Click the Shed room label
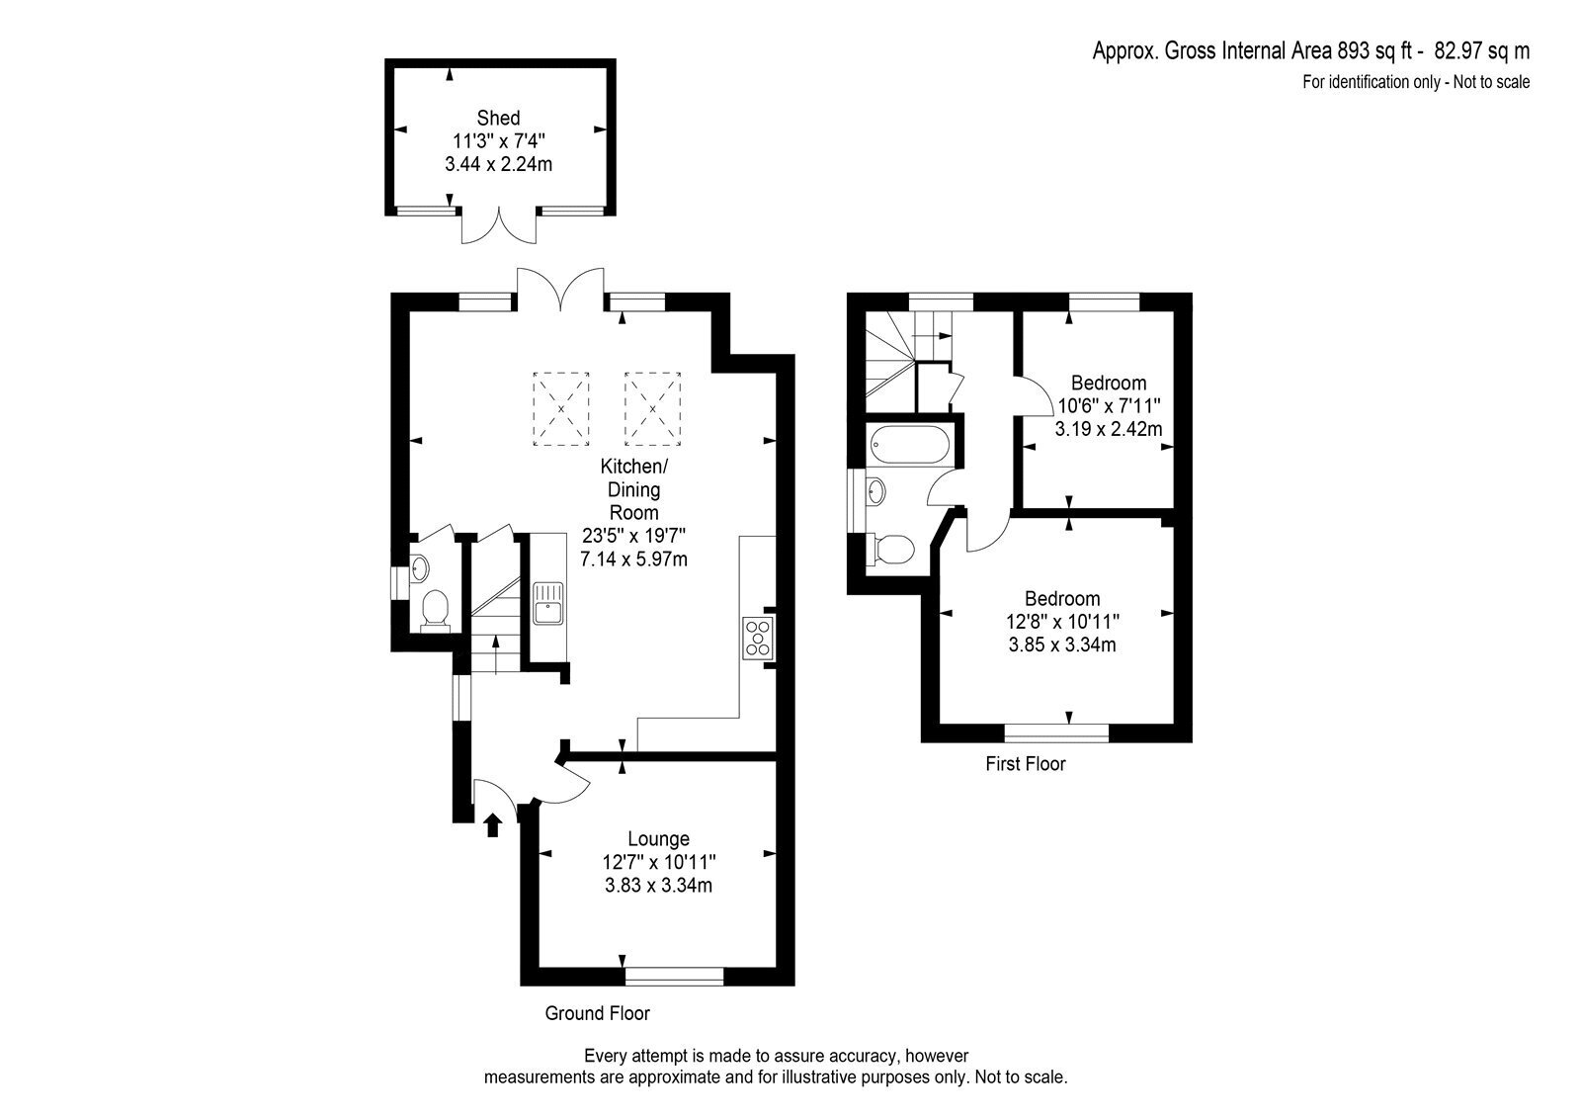pos(498,118)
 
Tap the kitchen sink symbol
pos(548,603)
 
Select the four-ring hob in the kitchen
pos(758,638)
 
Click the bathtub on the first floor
pos(910,444)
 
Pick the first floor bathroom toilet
pos(893,550)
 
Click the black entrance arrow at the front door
pos(493,824)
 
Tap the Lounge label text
pos(658,839)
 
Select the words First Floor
pos(1026,763)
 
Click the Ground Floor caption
pos(597,1013)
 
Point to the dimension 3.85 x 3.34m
pos(1062,645)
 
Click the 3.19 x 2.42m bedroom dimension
pos(1109,429)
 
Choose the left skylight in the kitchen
pos(561,409)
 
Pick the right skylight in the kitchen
pos(653,409)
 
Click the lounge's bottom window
pos(675,976)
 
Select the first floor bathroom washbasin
pos(875,491)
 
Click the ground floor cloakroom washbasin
pos(419,567)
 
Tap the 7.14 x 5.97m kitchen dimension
pos(633,560)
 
